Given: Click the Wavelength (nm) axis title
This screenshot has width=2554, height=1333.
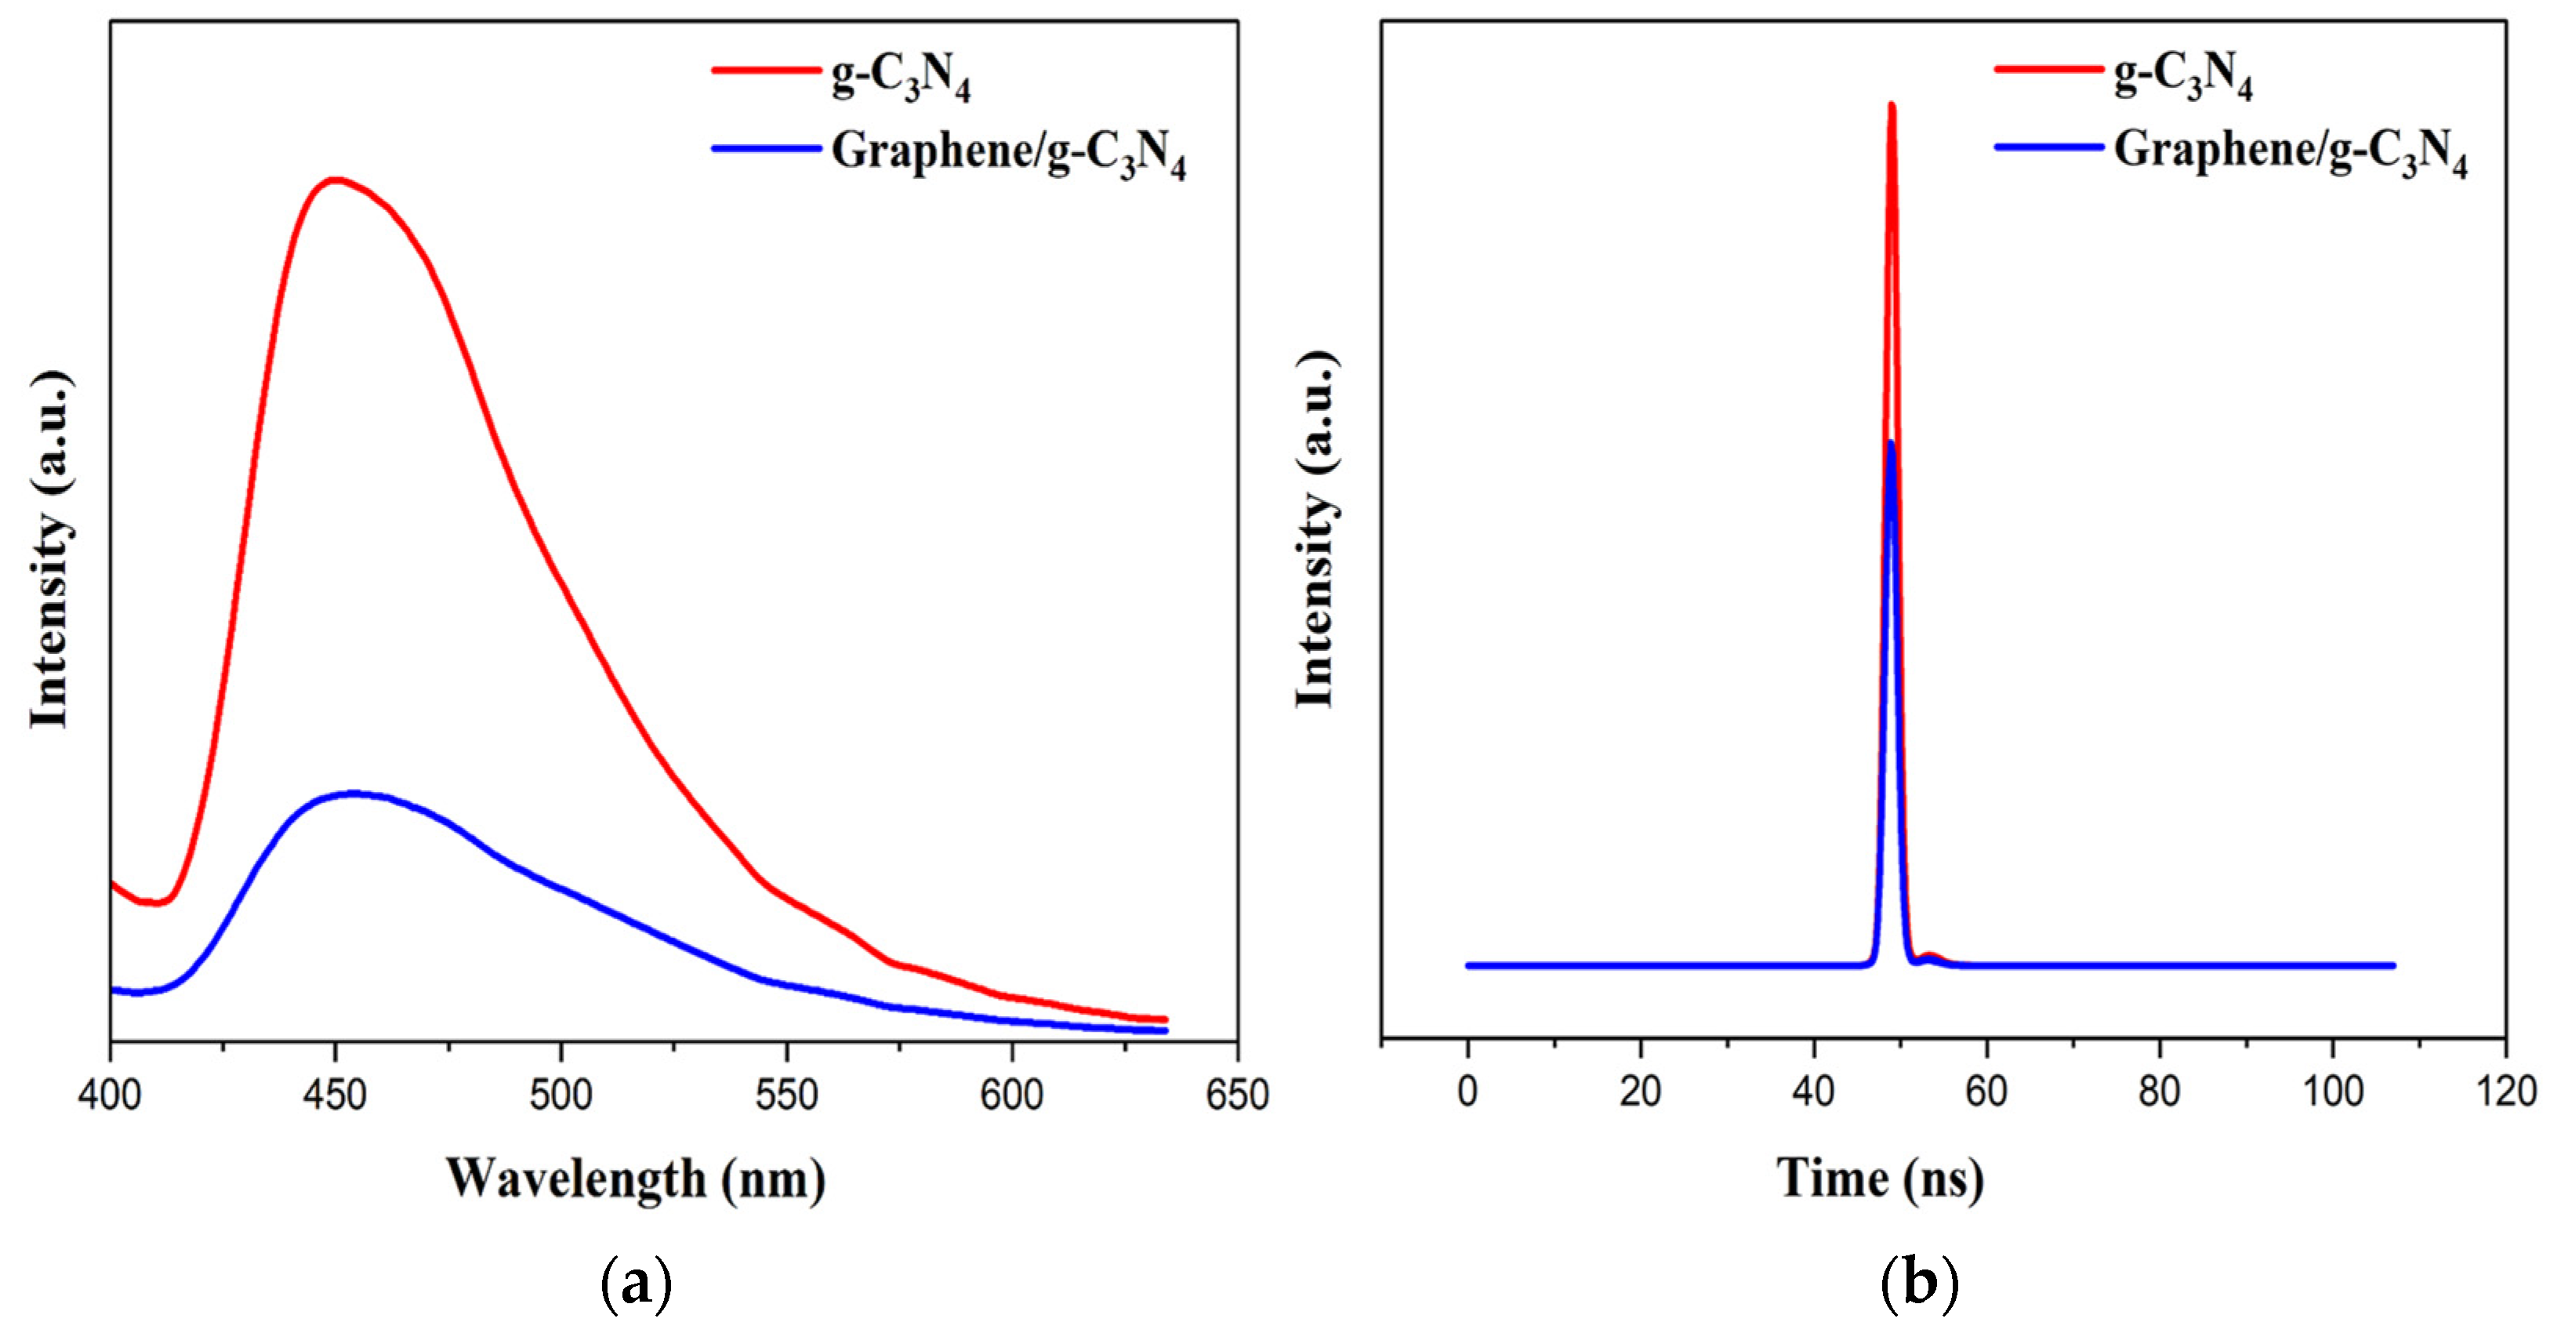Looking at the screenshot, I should click(636, 1180).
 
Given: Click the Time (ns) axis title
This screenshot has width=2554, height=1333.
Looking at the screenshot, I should click(1881, 1180).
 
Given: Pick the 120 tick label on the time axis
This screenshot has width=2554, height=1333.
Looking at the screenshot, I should click(2505, 1092).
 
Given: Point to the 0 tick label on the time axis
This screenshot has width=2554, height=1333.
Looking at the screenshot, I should click(1467, 1092).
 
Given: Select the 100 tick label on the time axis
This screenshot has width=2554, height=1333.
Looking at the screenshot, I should click(2332, 1092).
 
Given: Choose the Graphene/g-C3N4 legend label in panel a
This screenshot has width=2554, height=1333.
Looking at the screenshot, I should click(1007, 154).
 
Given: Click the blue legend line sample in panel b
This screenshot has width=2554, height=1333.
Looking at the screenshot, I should click(2048, 147).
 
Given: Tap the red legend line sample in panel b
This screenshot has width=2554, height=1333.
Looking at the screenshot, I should click(2048, 68).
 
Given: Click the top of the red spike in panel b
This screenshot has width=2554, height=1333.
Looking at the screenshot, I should click(1892, 105).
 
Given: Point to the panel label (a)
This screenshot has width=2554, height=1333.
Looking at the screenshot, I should click(636, 1284).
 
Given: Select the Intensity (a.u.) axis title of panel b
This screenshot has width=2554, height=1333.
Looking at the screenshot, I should click(1315, 531).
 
